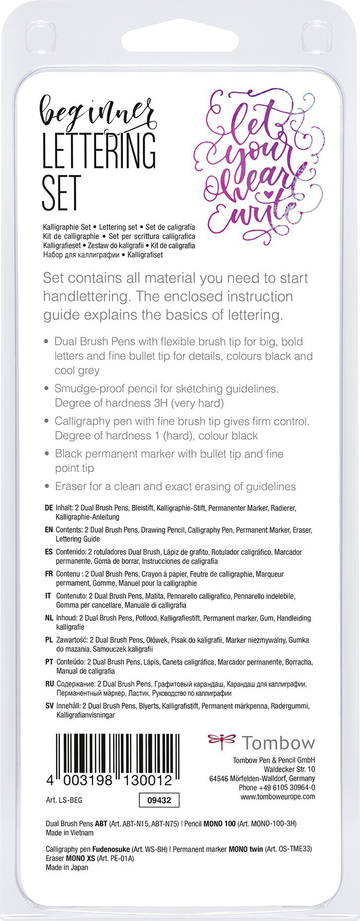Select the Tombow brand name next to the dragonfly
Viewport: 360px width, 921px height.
point(278,743)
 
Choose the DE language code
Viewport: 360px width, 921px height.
point(49,508)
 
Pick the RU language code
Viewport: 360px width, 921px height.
point(49,684)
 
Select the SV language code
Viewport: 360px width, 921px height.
point(49,706)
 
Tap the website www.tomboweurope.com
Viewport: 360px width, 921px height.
point(278,797)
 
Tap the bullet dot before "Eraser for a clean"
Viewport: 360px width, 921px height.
point(47,487)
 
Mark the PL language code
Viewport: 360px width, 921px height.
point(49,640)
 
